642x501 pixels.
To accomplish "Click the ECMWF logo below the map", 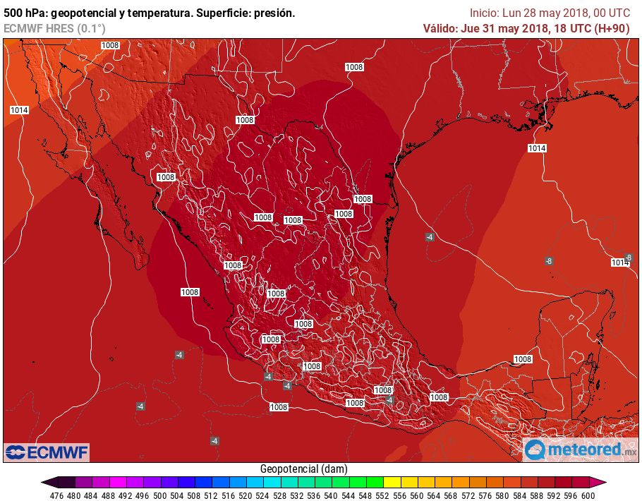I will pyautogui.click(x=47, y=452).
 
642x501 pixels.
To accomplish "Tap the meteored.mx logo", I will pyautogui.click(x=580, y=449).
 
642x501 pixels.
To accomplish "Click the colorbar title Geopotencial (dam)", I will pyautogui.click(x=303, y=469).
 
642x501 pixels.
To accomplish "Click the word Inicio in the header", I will pyautogui.click(x=484, y=13).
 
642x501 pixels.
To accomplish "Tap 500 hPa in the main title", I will pyautogui.click(x=25, y=13).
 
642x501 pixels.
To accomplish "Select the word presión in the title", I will pyautogui.click(x=273, y=13).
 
